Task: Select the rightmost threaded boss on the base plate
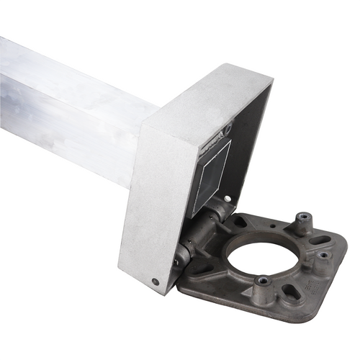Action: [x=324, y=254]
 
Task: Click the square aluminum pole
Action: [x=65, y=108]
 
